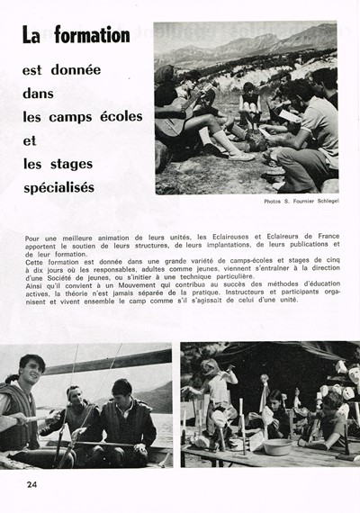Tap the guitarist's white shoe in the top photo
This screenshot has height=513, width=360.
click(x=242, y=155)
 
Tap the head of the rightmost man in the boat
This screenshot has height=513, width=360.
click(x=120, y=391)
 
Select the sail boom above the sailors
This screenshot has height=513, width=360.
click(x=99, y=359)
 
